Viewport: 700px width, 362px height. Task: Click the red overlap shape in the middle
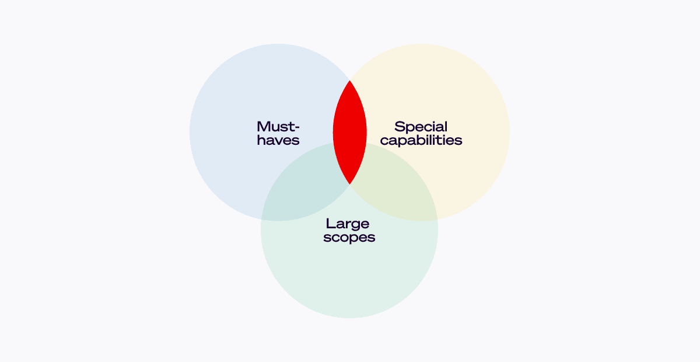click(349, 133)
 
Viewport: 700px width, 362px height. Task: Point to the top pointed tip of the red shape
click(349, 81)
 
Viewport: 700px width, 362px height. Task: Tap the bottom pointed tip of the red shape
click(349, 185)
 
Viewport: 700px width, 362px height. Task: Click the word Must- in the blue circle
click(278, 127)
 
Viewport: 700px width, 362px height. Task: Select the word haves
click(278, 140)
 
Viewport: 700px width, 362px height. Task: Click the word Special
click(421, 127)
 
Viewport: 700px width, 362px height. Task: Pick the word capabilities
click(421, 140)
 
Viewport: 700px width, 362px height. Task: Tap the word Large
click(348, 224)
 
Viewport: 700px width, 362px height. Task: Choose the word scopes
click(349, 237)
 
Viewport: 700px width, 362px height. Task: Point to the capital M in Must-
click(264, 127)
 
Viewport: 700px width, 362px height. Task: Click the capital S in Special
click(400, 127)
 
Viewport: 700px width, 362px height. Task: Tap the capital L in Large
click(330, 224)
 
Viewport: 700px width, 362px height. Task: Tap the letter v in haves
click(278, 141)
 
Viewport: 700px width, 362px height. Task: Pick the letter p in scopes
click(349, 238)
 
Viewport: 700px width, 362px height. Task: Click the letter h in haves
click(261, 140)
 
